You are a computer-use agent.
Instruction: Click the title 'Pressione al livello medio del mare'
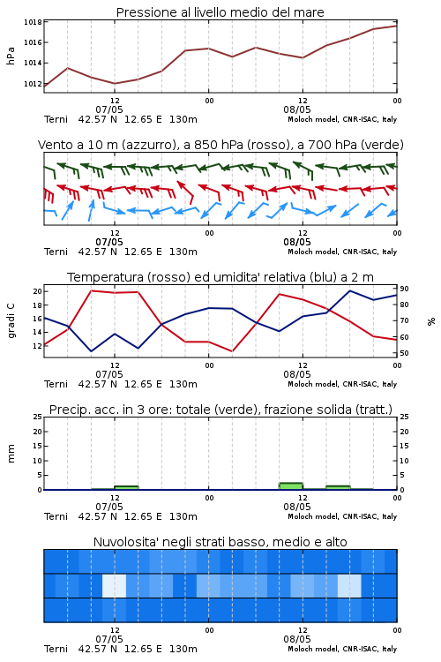click(220, 12)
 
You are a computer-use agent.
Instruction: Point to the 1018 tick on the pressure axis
click(33, 22)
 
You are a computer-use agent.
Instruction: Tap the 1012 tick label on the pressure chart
click(33, 84)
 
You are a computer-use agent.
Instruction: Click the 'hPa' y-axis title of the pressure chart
click(11, 56)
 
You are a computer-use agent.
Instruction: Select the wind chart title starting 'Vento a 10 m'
click(220, 145)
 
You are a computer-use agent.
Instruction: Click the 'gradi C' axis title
click(11, 320)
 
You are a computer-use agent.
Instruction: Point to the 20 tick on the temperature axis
click(38, 291)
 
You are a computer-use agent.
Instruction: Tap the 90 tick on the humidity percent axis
click(404, 289)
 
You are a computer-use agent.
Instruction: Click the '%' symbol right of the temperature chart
click(431, 321)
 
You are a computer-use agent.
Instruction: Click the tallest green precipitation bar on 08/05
click(291, 486)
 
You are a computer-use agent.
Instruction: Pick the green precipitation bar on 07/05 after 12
click(126, 487)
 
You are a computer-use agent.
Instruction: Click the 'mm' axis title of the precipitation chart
click(11, 453)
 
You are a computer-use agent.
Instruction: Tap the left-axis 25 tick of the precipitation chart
click(38, 417)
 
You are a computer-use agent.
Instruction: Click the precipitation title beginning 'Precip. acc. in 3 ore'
click(220, 410)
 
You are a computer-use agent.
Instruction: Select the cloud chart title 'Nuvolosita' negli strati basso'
click(220, 542)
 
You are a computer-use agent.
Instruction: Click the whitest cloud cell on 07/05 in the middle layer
click(115, 585)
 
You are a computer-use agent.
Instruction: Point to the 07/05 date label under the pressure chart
click(108, 109)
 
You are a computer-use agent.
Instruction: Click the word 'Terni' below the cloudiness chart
click(56, 649)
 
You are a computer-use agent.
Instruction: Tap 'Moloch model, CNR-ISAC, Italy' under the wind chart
click(342, 252)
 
